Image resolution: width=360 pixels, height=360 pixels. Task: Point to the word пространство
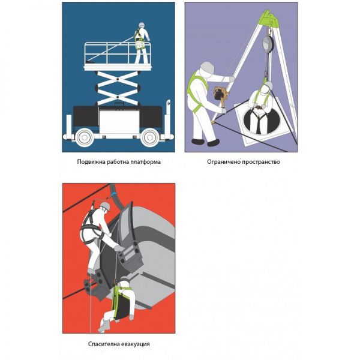pos(261,162)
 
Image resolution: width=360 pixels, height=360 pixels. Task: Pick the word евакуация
pos(135,344)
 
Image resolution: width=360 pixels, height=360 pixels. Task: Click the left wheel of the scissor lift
pos(85,137)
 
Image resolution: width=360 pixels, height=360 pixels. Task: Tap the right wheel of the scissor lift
pos(150,137)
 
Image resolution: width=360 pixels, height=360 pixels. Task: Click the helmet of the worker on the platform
pos(142,25)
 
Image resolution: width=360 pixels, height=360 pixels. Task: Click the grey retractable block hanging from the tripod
pos(268,44)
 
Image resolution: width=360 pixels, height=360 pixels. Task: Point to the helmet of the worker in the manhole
pos(268,85)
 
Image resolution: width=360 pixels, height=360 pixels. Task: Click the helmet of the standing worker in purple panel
pos(207,67)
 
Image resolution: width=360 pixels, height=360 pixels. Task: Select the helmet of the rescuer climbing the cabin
pos(106,206)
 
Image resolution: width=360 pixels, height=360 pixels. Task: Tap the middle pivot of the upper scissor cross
pos(118,79)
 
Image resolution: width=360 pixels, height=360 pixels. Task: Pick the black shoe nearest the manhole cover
pos(213,143)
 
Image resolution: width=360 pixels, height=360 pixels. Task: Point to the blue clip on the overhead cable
pos(113,194)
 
